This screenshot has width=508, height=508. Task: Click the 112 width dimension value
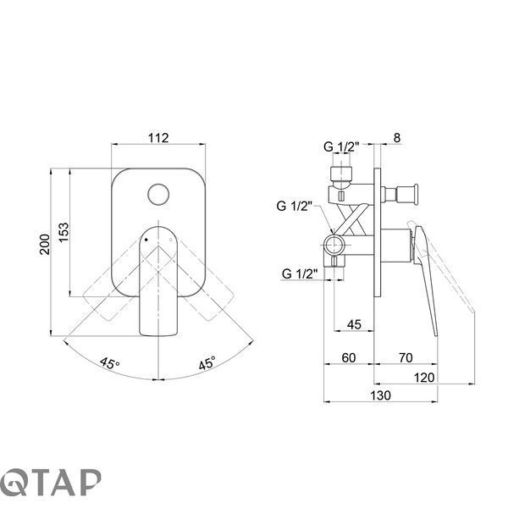tap(158, 138)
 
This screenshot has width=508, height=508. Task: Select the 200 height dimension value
tap(45, 245)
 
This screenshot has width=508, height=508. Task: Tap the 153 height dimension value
tap(63, 232)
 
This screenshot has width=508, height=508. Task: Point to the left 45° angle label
tap(109, 363)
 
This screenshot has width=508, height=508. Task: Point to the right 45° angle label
tap(207, 363)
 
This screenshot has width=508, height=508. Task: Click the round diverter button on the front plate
tap(158, 195)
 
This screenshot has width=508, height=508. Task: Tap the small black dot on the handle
tap(146, 240)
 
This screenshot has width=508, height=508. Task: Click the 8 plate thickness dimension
tap(397, 138)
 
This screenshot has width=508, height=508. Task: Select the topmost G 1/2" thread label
tap(341, 146)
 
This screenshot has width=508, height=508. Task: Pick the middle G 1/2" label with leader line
tap(294, 206)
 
